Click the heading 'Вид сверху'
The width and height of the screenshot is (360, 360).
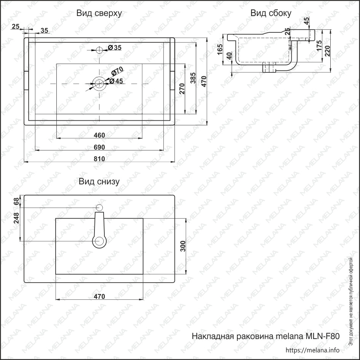tap(99, 14)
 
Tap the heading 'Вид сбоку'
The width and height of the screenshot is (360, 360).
tap(271, 13)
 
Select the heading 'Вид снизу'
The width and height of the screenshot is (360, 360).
tap(99, 182)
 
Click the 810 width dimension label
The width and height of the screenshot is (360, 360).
tap(99, 158)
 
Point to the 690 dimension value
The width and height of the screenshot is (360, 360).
tap(99, 147)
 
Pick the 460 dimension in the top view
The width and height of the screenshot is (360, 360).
tap(99, 135)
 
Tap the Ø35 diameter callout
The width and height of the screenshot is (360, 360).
tap(115, 48)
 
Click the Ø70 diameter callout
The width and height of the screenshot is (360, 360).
tap(117, 71)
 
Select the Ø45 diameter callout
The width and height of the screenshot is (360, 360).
tap(116, 81)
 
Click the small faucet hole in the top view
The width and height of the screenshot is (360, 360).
tap(99, 50)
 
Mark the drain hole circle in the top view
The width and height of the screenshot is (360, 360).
tap(99, 83)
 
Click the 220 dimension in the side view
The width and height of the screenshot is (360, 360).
tap(327, 51)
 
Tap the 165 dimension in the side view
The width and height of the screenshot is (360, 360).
tap(220, 50)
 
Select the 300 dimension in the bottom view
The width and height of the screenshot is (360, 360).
tap(183, 246)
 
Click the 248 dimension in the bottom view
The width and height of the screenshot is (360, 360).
tap(16, 218)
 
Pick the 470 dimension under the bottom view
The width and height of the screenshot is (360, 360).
tap(99, 296)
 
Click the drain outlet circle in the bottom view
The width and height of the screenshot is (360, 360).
tap(99, 242)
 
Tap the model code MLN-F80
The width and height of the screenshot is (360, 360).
tap(322, 336)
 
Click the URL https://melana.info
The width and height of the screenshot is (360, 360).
tap(312, 350)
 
